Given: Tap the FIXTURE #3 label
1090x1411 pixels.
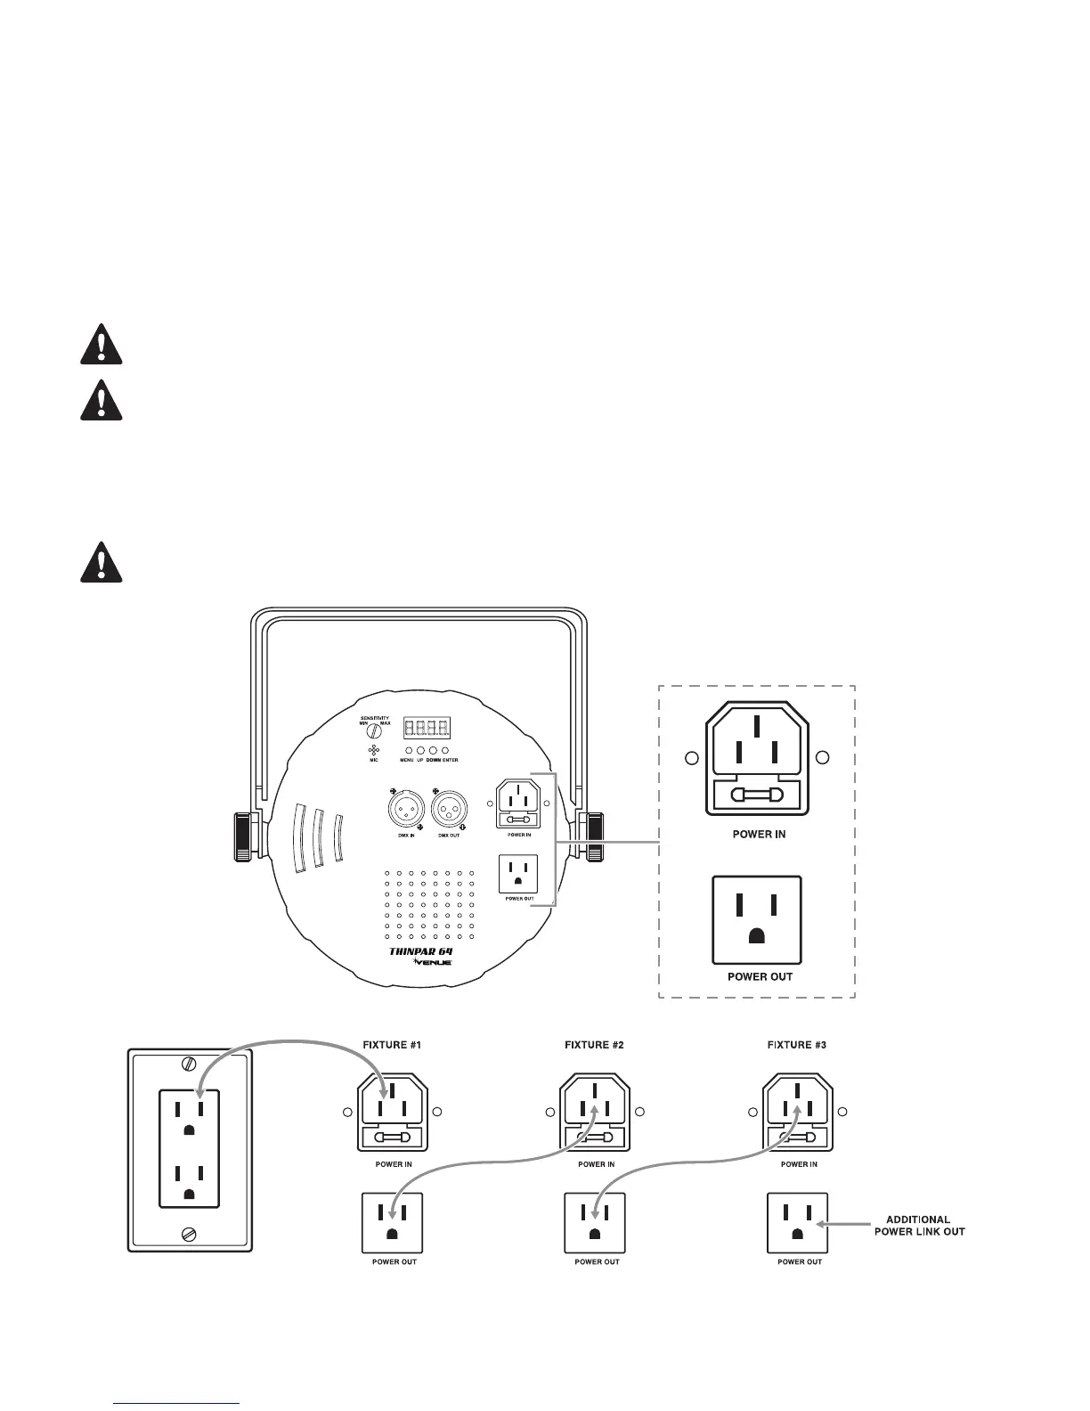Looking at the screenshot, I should coord(797,1045).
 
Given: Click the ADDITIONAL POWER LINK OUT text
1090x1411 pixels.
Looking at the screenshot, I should coord(919,1226).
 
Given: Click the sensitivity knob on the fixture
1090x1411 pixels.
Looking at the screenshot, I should coord(375,730).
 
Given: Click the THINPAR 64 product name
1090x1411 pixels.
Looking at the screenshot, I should coord(421,951).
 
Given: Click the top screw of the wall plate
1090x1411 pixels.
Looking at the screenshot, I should coord(189,1063).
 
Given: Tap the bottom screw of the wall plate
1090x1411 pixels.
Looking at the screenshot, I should coord(189,1234).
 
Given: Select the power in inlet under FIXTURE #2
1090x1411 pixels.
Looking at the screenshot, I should coord(595,1113).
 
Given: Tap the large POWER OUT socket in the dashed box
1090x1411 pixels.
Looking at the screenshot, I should coord(757,920).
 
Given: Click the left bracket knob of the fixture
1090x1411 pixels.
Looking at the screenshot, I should coord(244,836).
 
